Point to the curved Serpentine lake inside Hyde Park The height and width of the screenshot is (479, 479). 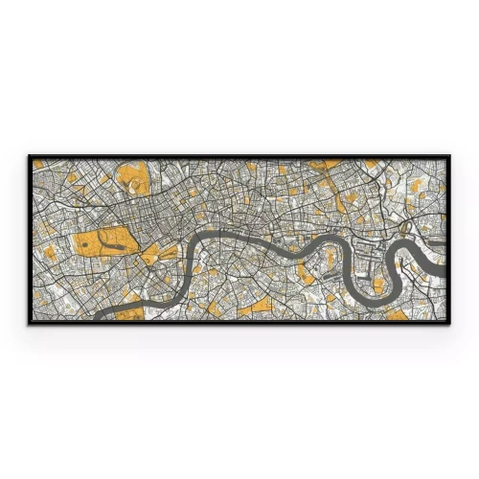[x=112, y=242]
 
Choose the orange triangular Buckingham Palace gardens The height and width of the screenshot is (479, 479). [x=150, y=257]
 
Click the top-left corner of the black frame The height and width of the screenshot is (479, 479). [x=29, y=155]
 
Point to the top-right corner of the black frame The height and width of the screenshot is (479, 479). [x=449, y=155]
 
